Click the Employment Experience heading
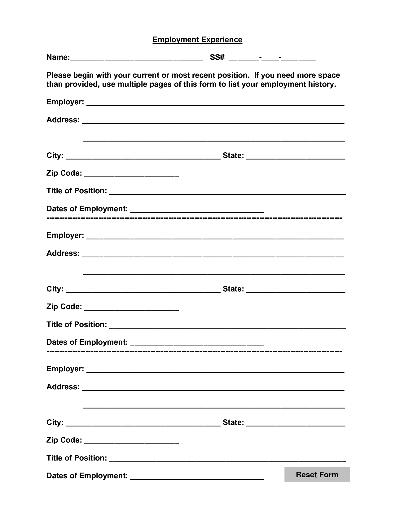point(197,40)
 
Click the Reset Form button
point(317,474)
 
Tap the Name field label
point(58,57)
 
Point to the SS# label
point(217,57)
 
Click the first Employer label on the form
point(65,102)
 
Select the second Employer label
point(65,235)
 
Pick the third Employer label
point(65,369)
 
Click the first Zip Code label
point(64,173)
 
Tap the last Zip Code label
point(64,440)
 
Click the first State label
point(233,155)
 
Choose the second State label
point(233,289)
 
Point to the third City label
point(55,422)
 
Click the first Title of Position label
point(77,191)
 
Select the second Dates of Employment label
point(87,342)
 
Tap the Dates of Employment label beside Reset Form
point(87,476)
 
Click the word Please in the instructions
point(58,75)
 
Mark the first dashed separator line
point(194,218)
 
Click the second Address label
point(63,253)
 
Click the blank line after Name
point(137,59)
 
